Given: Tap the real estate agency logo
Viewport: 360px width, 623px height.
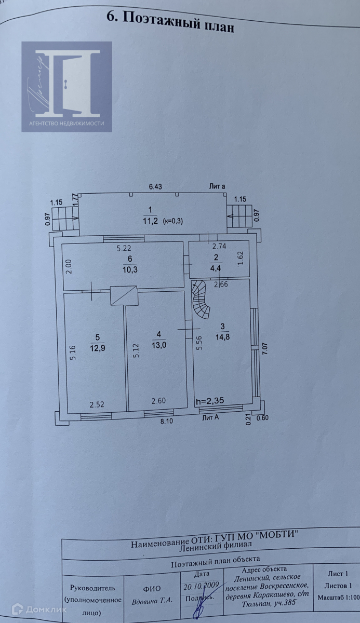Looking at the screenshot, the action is [x=66, y=86].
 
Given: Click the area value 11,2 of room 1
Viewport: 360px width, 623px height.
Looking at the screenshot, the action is [x=151, y=221].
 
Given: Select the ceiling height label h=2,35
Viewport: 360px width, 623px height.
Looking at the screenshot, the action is [x=210, y=401].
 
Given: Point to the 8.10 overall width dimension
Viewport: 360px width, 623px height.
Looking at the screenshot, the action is [x=166, y=422].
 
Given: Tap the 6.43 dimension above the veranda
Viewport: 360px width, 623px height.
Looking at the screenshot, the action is [x=155, y=186].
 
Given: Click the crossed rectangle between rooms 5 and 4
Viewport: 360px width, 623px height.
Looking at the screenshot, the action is [x=124, y=295].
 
